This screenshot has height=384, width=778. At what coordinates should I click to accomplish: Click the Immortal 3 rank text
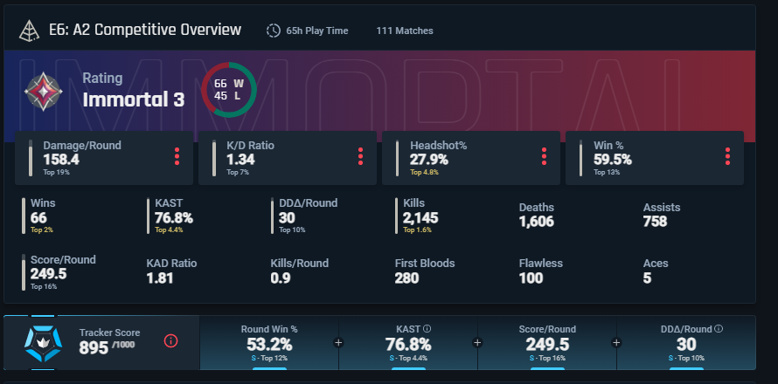pyautogui.click(x=133, y=99)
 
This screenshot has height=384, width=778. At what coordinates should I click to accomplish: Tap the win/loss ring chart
pyautogui.click(x=228, y=89)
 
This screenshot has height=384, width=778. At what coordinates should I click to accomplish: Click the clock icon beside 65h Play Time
pyautogui.click(x=274, y=31)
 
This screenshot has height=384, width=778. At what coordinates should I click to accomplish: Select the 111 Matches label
pyautogui.click(x=404, y=31)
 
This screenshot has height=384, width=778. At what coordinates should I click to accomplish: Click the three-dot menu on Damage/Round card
pyautogui.click(x=177, y=157)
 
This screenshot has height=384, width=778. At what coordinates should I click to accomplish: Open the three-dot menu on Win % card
pyautogui.click(x=726, y=157)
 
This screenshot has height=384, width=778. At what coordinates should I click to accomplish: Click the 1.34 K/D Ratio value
pyautogui.click(x=240, y=160)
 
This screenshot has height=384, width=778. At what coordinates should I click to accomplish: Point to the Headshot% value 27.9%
pyautogui.click(x=428, y=160)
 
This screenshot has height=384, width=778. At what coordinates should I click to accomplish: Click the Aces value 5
pyautogui.click(x=647, y=278)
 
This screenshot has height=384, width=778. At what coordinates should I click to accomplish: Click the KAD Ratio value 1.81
pyautogui.click(x=160, y=278)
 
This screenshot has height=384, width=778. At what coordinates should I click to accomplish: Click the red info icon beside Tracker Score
pyautogui.click(x=171, y=340)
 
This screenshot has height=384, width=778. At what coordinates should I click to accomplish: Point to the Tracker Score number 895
pyautogui.click(x=94, y=347)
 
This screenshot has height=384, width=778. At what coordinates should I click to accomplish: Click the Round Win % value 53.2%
pyautogui.click(x=269, y=344)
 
